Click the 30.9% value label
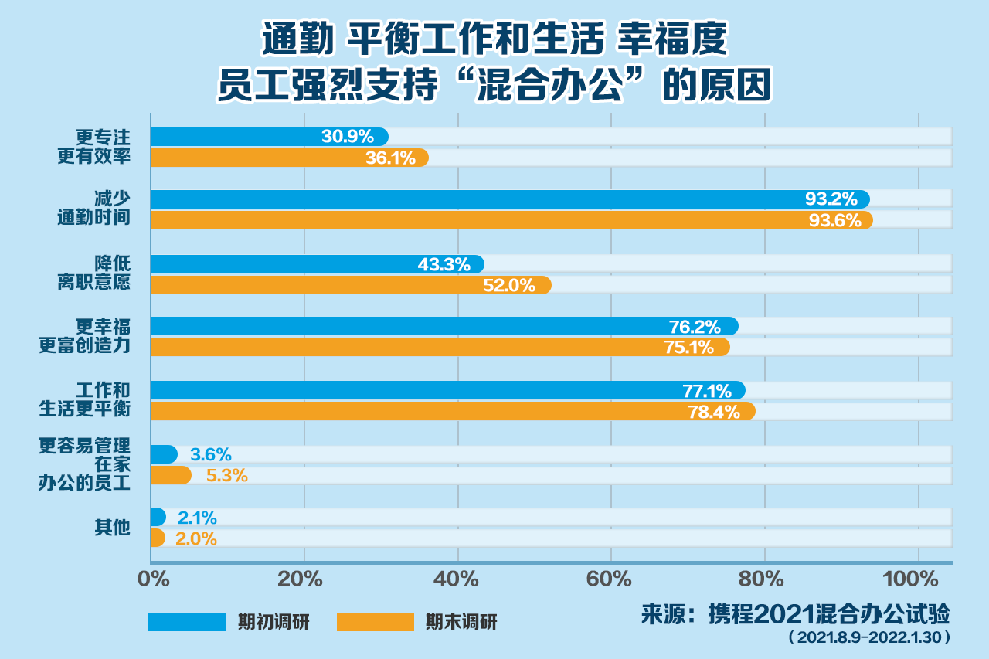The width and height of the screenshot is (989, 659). tap(348, 137)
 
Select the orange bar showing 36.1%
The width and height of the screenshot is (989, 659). tap(289, 158)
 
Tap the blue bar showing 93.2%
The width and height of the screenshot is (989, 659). tap(510, 199)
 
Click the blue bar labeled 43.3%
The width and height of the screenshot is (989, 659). tap(317, 264)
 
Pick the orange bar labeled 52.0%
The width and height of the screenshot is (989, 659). tap(351, 285)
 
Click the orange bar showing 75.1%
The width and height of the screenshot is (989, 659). tap(440, 347)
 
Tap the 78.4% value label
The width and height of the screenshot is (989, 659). tap(714, 412)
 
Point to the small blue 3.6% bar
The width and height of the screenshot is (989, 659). tap(164, 454)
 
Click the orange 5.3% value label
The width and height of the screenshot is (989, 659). tap(227, 476)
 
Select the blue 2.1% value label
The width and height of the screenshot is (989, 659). tap(197, 518)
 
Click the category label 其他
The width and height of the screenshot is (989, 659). tap(112, 528)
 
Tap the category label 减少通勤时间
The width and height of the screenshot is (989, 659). tap(93, 209)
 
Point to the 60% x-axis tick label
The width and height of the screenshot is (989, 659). tap(610, 579)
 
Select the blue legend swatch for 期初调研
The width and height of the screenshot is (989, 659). tap(187, 622)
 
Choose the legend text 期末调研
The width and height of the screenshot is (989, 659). tap(461, 622)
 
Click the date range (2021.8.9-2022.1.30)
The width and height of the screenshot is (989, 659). tap(868, 638)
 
